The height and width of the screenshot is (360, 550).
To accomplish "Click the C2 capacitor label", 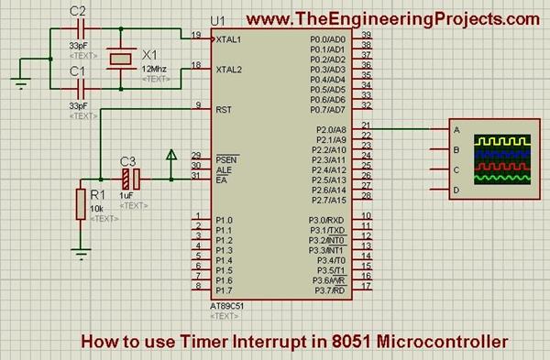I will tap(78, 11).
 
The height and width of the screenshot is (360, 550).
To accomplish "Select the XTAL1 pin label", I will tap(229, 40).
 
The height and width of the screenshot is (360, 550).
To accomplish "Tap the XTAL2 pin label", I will tap(229, 70).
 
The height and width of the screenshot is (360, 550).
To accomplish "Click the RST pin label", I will tap(223, 110).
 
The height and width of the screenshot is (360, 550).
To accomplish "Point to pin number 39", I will tap(366, 35).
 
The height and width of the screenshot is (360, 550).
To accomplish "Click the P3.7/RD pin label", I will tap(327, 291).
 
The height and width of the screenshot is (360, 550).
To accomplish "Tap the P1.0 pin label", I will tap(225, 221).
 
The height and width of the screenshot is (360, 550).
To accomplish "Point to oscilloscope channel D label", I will tap(456, 191).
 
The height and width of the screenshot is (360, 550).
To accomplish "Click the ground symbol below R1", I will tap(82, 254).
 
